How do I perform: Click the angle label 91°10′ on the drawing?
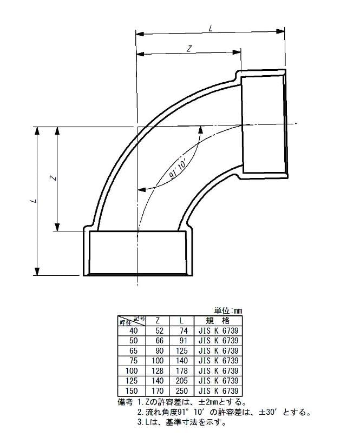point(177,169)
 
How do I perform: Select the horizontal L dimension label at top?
point(211,28)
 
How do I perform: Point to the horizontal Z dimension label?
point(189,49)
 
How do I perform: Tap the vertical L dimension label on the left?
point(35,201)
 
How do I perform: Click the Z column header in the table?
point(158,321)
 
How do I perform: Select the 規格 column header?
point(218,321)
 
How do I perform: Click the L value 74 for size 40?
point(184,330)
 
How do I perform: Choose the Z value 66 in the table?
point(160,340)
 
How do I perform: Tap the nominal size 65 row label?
point(134,350)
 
